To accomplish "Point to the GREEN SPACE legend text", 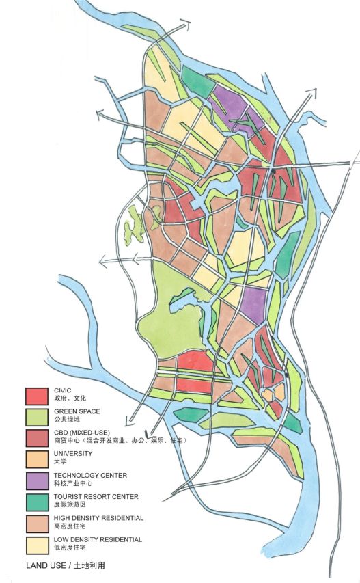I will pos(77,411).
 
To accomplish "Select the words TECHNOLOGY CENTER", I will pos(90,475).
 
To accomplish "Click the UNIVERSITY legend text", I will pos(73,454).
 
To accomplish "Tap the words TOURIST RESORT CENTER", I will pos(96,497).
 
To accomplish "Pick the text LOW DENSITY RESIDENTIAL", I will pos(98,540).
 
